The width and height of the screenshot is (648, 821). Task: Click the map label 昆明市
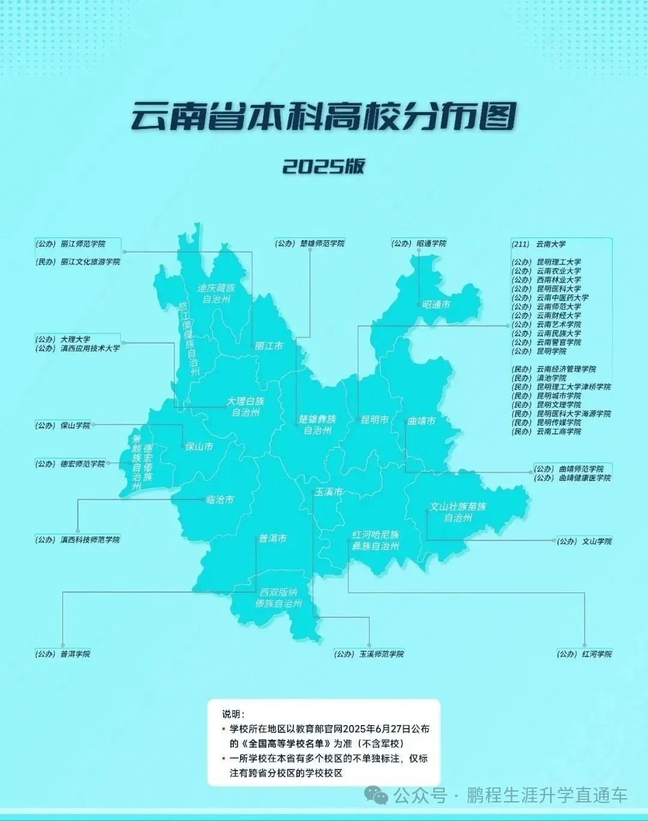point(374,420)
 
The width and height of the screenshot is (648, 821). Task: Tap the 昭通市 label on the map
point(436,305)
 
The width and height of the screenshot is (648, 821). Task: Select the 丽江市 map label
point(268,346)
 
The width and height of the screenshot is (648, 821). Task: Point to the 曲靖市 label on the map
point(421,421)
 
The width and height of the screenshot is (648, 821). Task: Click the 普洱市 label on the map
point(272,539)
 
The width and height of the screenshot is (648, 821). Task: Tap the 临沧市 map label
point(220,499)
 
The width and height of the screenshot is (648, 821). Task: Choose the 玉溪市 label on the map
point(329,492)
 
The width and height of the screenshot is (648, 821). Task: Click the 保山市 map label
point(199,446)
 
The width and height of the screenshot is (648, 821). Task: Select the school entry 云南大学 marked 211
point(550,244)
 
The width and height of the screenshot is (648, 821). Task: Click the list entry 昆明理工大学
point(558,262)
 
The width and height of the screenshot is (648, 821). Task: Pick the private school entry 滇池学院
point(551,378)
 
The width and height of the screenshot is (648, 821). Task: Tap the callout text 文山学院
point(596,541)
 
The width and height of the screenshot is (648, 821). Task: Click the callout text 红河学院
point(596,654)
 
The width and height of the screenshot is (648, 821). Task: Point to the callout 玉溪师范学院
point(381,654)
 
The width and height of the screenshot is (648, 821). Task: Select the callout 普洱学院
point(75,654)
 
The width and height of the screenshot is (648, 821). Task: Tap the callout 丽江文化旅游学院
point(90,262)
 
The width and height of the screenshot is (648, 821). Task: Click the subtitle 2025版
point(323,166)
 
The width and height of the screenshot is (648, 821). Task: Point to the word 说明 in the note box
point(233,714)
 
